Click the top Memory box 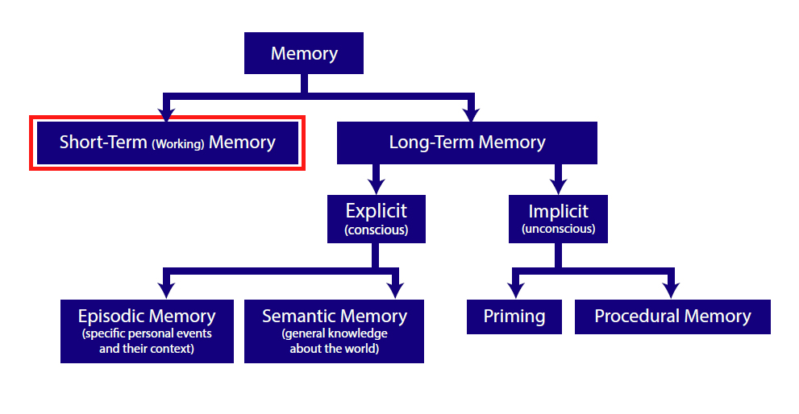(304, 53)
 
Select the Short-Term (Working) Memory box (167, 143)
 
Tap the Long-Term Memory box (467, 143)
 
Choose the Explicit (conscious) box (376, 219)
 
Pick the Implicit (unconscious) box (558, 219)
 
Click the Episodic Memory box (147, 331)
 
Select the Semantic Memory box (334, 331)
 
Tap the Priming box (514, 317)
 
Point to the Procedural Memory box (672, 317)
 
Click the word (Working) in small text (178, 144)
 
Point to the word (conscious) (376, 230)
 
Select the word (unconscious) (558, 229)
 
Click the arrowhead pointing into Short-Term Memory (166, 114)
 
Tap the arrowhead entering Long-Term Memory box (472, 114)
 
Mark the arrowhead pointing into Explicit (376, 187)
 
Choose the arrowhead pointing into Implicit (559, 187)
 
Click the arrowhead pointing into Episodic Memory (166, 291)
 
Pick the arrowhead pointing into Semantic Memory (395, 291)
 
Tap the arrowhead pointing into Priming (516, 291)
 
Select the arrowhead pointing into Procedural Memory (671, 291)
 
